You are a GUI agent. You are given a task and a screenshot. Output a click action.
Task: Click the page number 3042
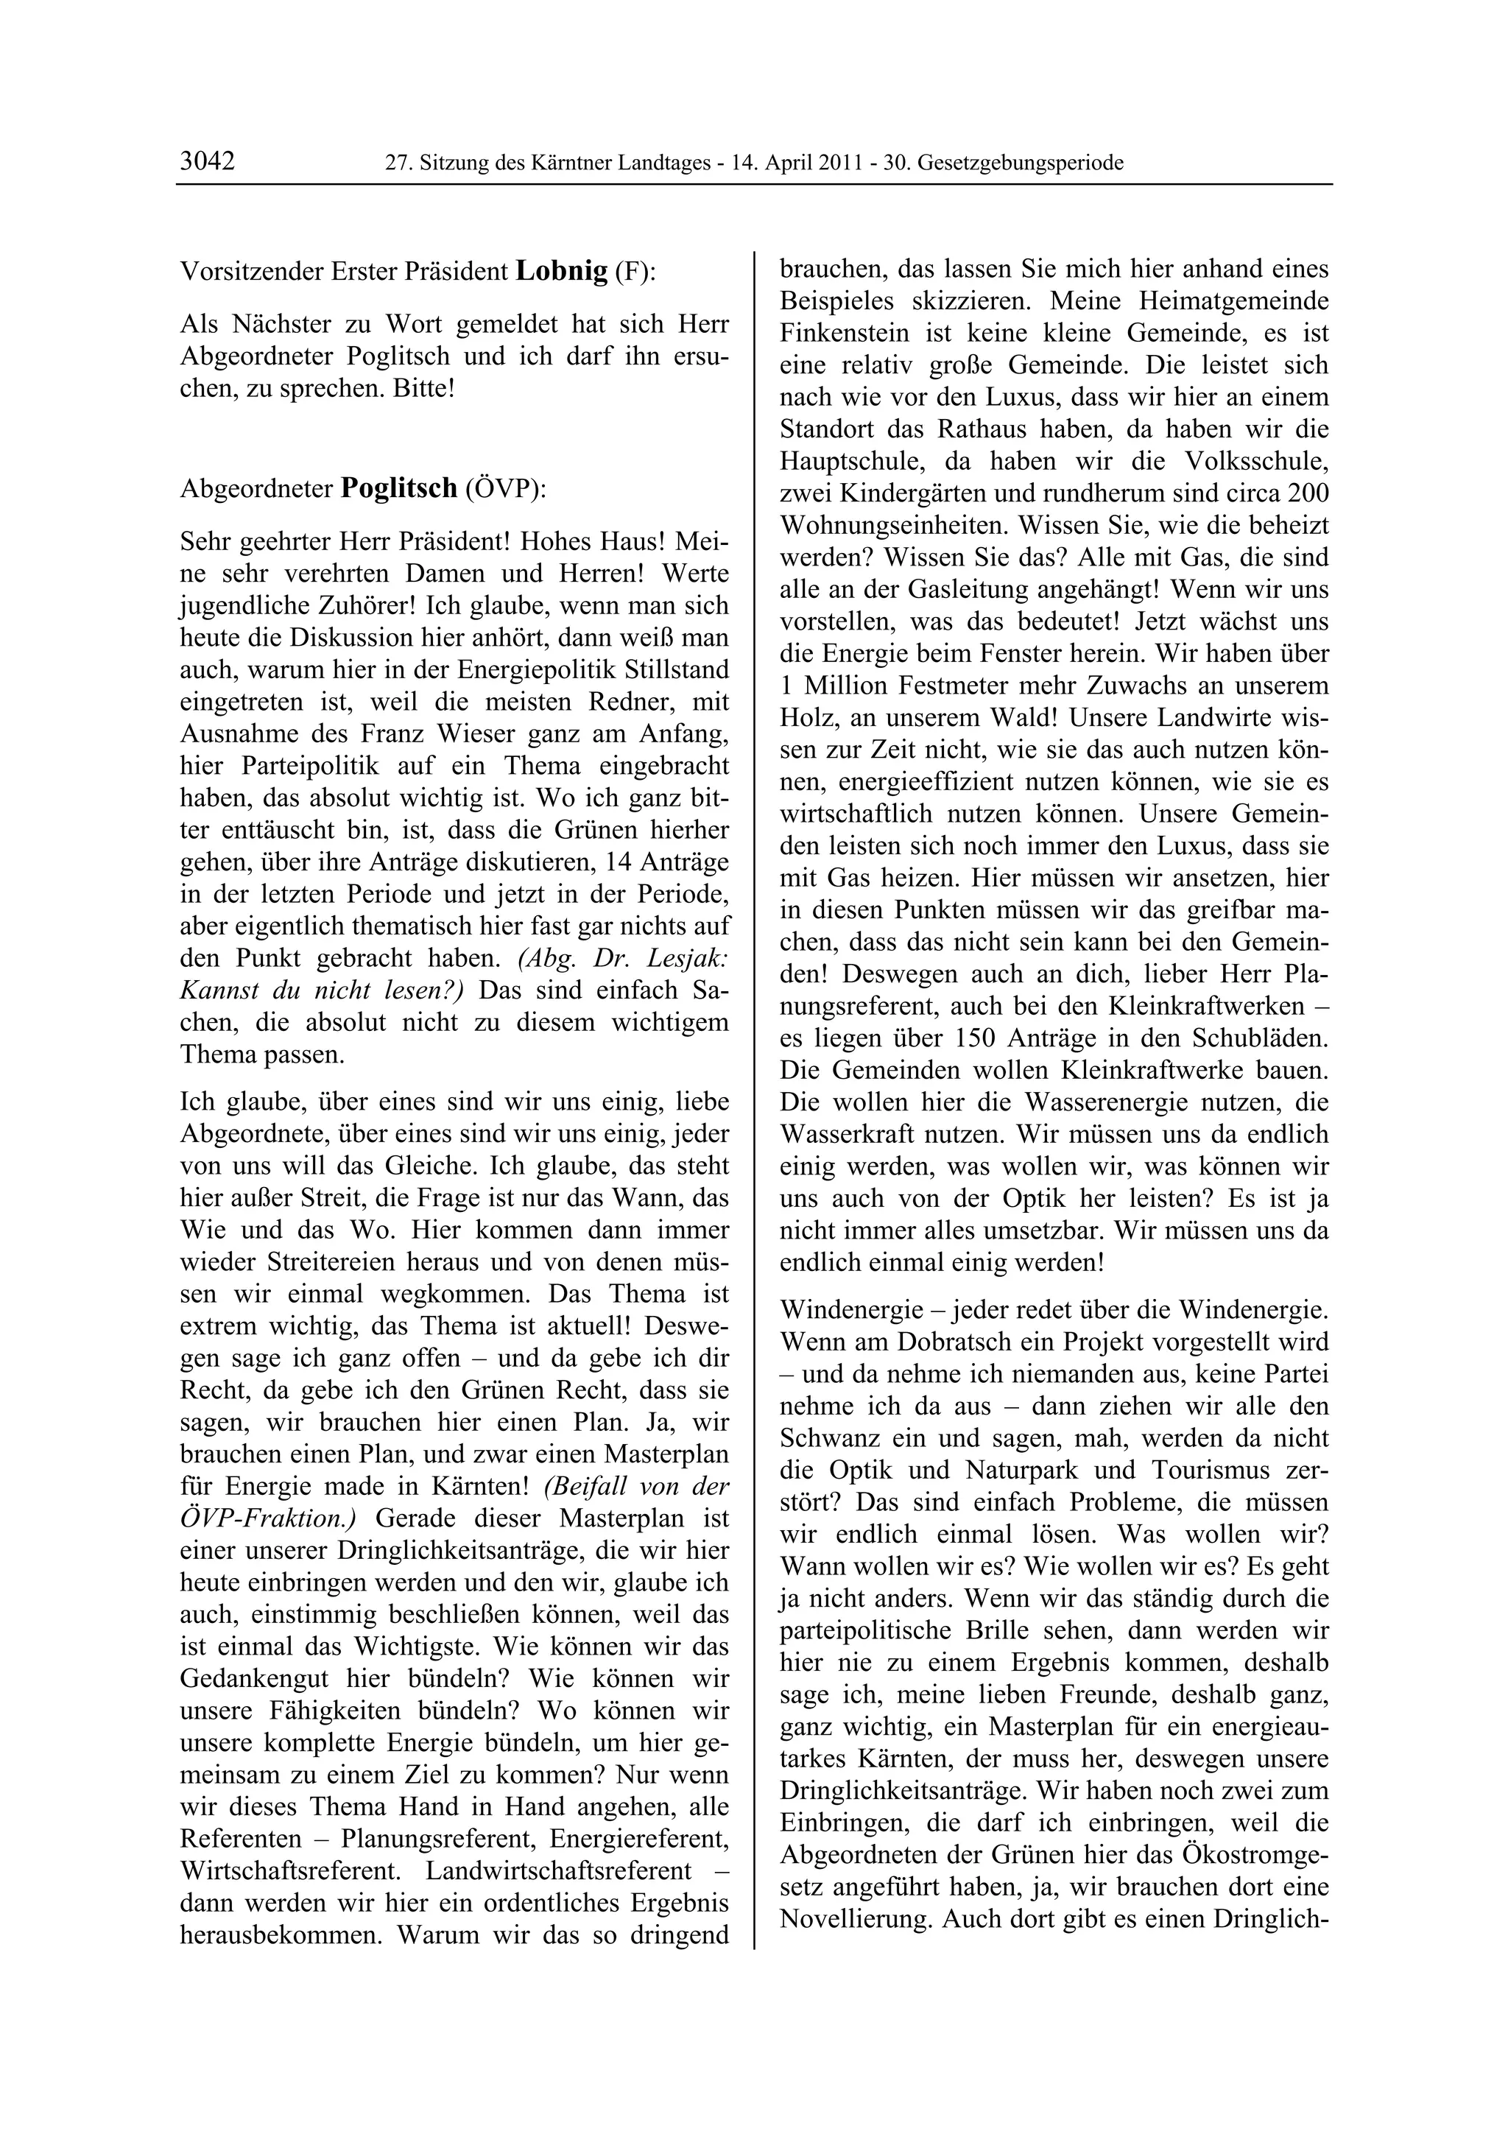point(207,162)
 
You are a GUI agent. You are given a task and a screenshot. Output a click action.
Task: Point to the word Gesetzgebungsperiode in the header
point(1021,163)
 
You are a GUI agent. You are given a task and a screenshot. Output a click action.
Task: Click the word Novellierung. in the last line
point(856,1918)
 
